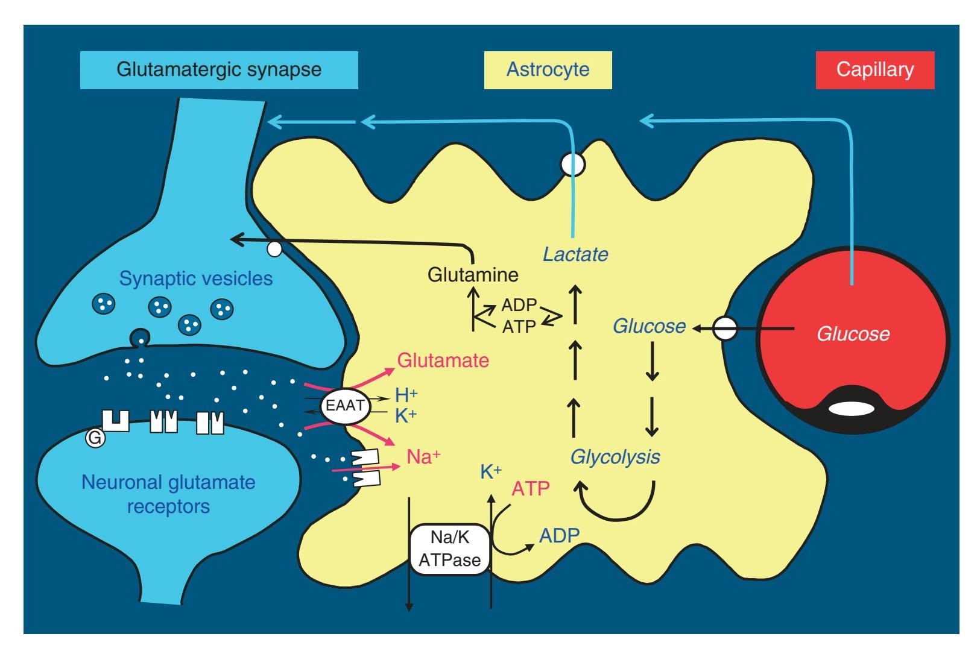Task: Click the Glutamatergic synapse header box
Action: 218,70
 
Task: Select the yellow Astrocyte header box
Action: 548,70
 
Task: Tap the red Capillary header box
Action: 874,70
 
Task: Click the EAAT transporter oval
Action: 345,406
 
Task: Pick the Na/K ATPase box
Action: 449,549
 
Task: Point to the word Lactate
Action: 575,254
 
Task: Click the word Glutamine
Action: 473,275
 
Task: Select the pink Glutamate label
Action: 443,360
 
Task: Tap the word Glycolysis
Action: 615,457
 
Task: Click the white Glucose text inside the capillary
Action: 853,334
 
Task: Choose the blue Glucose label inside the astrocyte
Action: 649,326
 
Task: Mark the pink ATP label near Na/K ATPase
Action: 531,488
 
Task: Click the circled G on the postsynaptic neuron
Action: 95,438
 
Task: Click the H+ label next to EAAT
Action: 406,395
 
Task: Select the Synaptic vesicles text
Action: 195,278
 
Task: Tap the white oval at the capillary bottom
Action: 851,409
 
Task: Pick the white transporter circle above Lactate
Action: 572,164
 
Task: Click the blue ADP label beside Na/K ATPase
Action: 559,535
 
